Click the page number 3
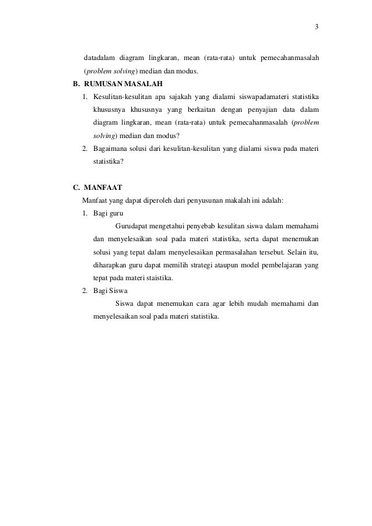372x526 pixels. (316, 27)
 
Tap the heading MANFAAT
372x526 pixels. (103, 188)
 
